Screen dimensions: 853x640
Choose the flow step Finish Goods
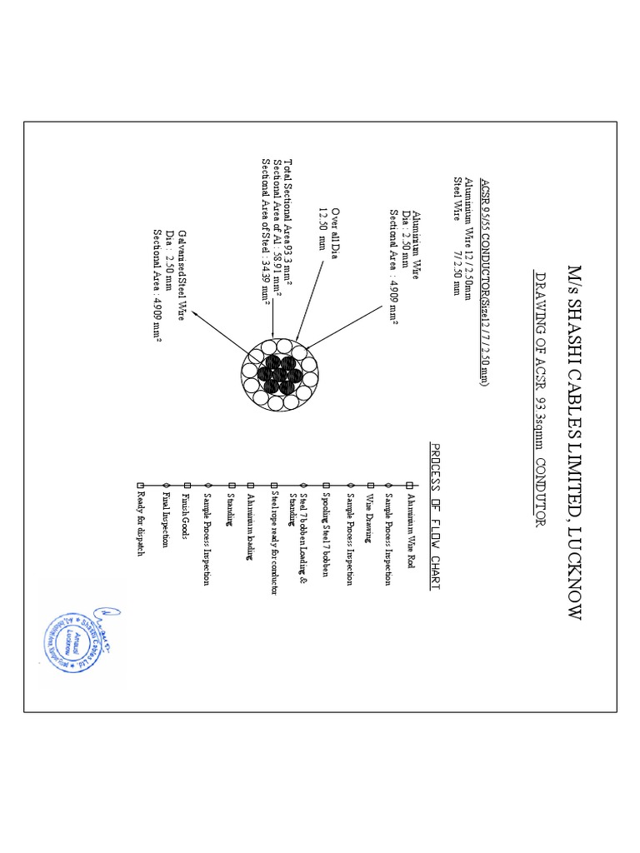(x=187, y=511)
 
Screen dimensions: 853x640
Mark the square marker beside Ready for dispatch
(x=140, y=485)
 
